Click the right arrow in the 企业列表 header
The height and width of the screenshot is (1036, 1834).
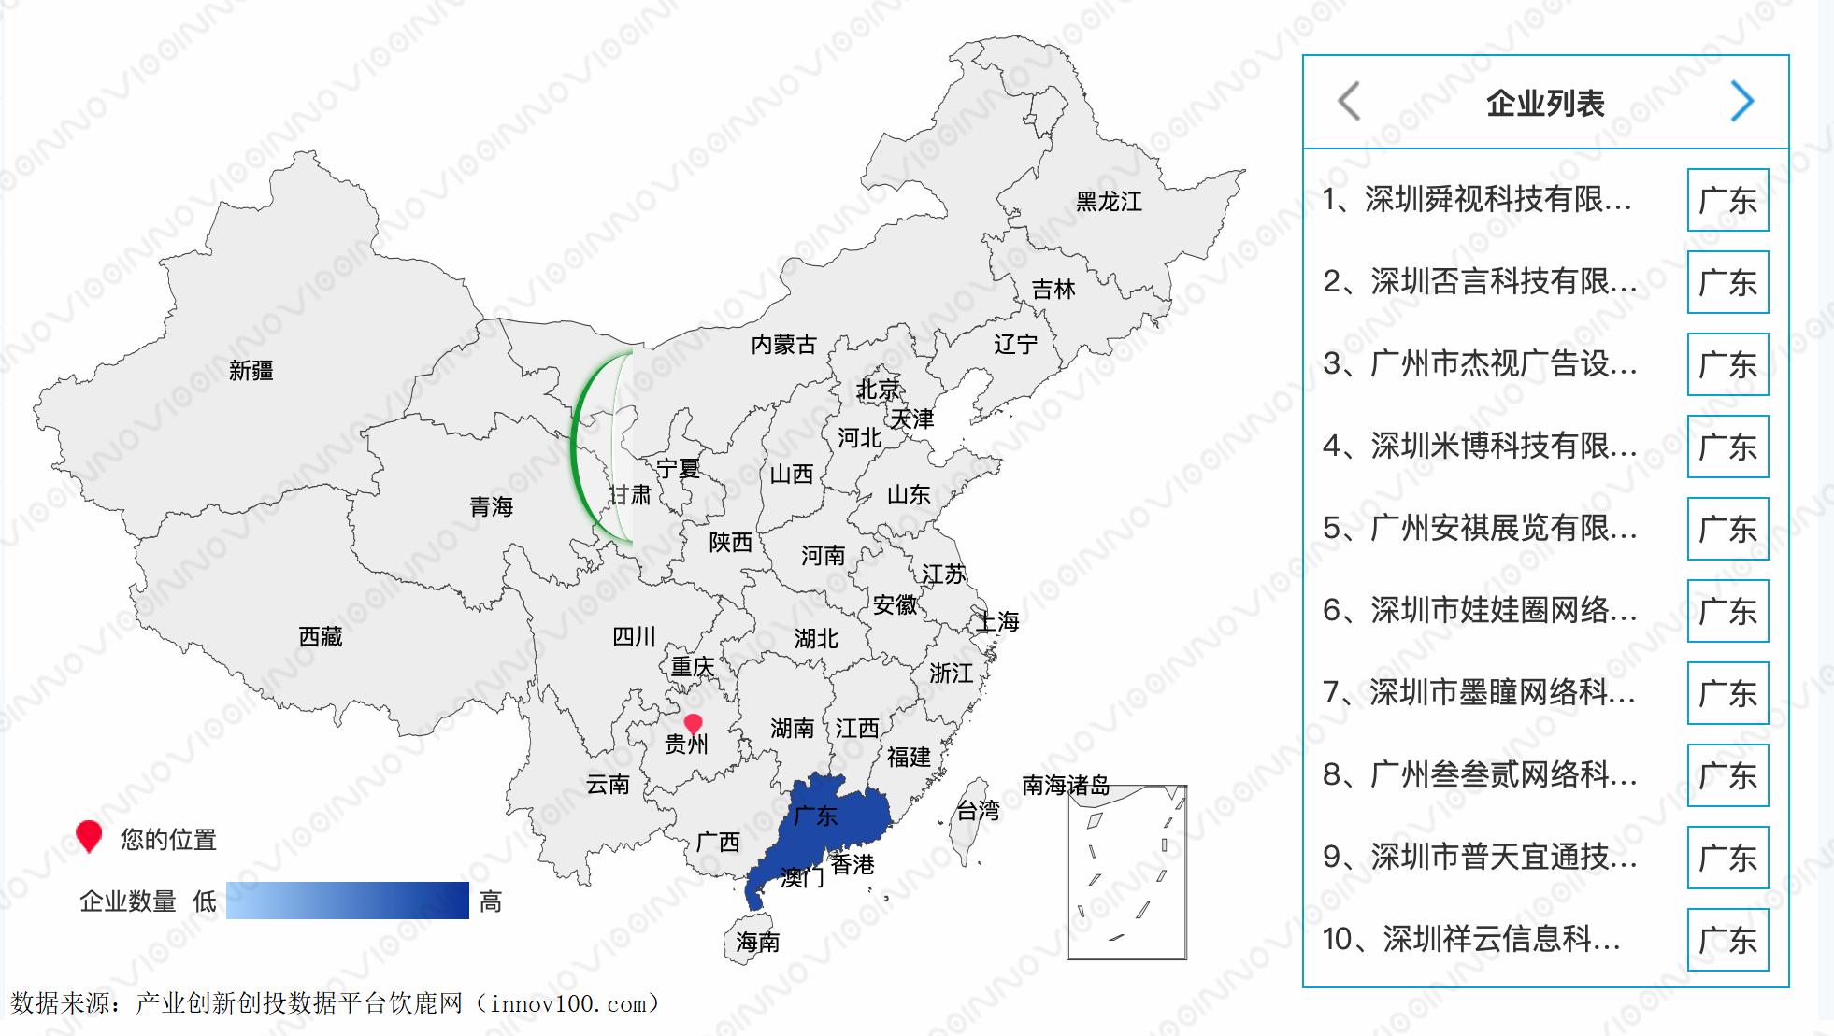(x=1741, y=101)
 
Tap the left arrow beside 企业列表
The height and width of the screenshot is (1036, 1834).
(x=1349, y=101)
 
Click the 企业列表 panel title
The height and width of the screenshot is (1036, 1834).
(x=1545, y=103)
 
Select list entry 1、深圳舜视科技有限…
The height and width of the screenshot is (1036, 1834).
(x=1477, y=199)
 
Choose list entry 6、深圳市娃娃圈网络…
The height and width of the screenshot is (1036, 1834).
(x=1480, y=610)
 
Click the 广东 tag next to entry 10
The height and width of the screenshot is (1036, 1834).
(x=1727, y=940)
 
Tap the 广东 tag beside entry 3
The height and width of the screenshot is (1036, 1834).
(x=1727, y=364)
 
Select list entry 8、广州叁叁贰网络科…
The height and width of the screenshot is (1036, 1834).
(x=1480, y=774)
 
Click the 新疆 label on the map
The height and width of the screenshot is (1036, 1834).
(x=251, y=371)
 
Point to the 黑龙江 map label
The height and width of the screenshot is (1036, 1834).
(x=1109, y=202)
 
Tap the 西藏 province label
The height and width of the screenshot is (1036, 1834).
(x=321, y=637)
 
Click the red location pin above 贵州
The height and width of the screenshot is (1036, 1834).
(x=693, y=724)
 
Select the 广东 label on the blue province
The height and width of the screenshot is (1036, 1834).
(x=815, y=816)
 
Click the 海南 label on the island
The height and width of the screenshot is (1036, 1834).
(x=757, y=942)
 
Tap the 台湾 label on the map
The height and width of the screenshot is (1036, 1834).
(x=978, y=811)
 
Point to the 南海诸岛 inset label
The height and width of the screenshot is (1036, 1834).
(x=1066, y=786)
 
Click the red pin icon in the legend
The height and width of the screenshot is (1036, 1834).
(x=89, y=835)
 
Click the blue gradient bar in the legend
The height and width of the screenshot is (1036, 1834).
(x=347, y=901)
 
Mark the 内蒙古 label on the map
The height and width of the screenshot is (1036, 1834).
(x=783, y=345)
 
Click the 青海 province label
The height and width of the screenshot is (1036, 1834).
(x=492, y=507)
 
